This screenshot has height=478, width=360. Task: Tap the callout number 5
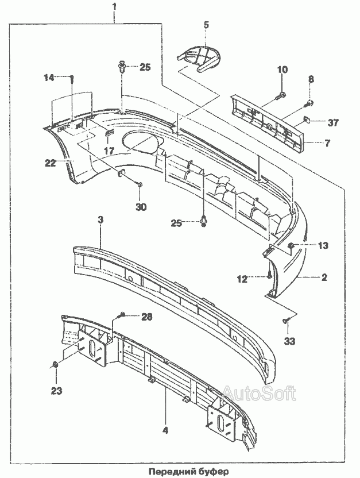click(206, 25)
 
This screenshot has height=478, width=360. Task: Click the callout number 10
click(282, 70)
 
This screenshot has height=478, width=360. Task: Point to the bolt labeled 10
click(280, 96)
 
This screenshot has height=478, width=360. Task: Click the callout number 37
click(332, 122)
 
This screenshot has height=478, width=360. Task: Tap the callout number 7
click(327, 143)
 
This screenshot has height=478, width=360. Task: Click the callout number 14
click(49, 78)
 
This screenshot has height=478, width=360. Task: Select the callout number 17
click(109, 151)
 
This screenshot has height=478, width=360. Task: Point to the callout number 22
click(50, 163)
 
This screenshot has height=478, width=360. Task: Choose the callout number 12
click(242, 279)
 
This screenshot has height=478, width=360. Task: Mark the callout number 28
click(147, 317)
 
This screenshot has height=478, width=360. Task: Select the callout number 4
click(165, 430)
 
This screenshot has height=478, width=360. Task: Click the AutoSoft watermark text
click(260, 394)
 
